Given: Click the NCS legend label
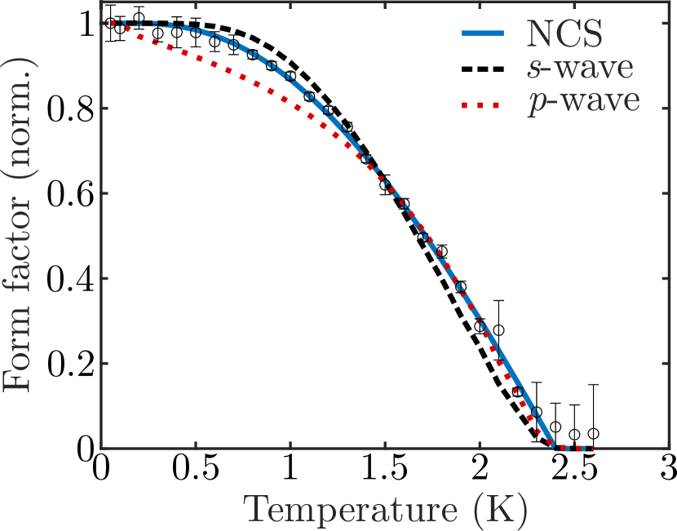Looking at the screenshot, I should pyautogui.click(x=565, y=34).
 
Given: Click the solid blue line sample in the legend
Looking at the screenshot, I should pyautogui.click(x=486, y=34).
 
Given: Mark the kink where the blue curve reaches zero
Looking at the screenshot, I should pyautogui.click(x=555, y=447).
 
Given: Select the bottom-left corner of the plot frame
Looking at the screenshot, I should pyautogui.click(x=101, y=448).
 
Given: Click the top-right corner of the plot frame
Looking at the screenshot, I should pyautogui.click(x=662, y=22).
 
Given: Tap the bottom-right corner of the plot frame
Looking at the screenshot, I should pyautogui.click(x=662, y=448).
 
